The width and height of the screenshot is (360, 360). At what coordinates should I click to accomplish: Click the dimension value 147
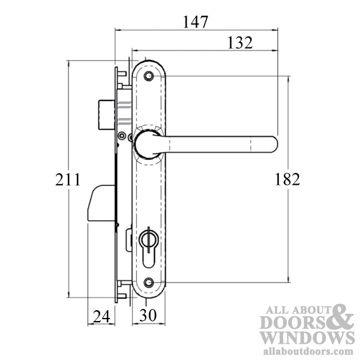tap(196, 22)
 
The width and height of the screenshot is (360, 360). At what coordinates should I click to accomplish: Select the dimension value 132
tap(239, 43)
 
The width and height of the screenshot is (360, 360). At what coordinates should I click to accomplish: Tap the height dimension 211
tap(68, 179)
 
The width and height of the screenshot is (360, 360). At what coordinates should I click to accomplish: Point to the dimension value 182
tap(287, 179)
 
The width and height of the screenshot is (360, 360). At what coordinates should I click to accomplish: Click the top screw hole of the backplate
tap(149, 76)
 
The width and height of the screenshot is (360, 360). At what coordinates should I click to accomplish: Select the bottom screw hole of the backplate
tap(149, 282)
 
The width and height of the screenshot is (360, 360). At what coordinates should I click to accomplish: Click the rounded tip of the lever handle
tap(273, 143)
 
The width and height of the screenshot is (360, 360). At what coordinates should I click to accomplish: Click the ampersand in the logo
tap(339, 319)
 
